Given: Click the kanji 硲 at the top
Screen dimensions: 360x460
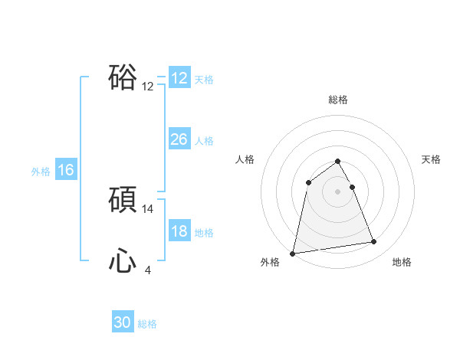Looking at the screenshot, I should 123,78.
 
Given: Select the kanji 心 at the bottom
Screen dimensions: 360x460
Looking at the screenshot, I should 123,262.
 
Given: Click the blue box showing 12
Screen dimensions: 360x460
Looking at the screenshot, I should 179,78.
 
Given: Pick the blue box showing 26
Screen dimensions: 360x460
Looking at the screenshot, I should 179,139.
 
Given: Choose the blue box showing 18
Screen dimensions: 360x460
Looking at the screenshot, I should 179,232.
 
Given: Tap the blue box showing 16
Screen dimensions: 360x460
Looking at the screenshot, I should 66,170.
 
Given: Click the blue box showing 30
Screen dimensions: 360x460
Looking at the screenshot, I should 123,323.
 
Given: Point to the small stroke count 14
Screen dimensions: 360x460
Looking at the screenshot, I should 148,208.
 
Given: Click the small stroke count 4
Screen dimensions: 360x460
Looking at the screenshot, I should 148,270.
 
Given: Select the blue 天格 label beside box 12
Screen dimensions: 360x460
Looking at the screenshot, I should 204,79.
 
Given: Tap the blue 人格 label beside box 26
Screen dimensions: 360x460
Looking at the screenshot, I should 204,140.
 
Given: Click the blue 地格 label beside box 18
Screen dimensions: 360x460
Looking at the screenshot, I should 204,233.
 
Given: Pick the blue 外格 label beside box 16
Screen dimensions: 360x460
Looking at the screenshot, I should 41,172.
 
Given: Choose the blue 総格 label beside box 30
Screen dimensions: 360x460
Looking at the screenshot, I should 147,324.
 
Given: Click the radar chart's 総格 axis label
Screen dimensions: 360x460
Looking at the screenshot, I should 337,100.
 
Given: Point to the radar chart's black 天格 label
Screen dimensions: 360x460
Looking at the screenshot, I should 431,159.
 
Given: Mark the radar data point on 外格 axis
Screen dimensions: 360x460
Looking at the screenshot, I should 293,253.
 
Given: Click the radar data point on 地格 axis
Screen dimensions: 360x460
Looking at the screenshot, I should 374,242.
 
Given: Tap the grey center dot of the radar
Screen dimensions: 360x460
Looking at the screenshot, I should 337,191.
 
